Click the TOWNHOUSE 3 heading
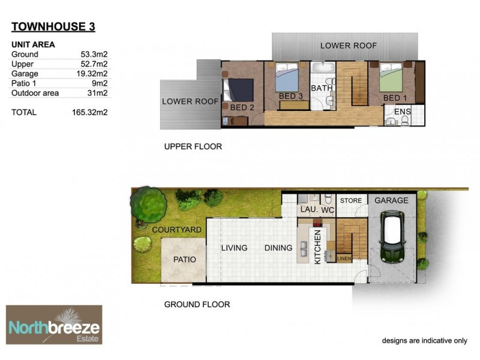(53, 26)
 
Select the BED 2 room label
(243, 107)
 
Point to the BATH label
(323, 88)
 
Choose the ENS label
(402, 112)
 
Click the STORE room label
(351, 200)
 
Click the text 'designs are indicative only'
(424, 341)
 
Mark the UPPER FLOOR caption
(193, 146)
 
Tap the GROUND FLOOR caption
(197, 304)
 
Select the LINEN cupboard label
(344, 259)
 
